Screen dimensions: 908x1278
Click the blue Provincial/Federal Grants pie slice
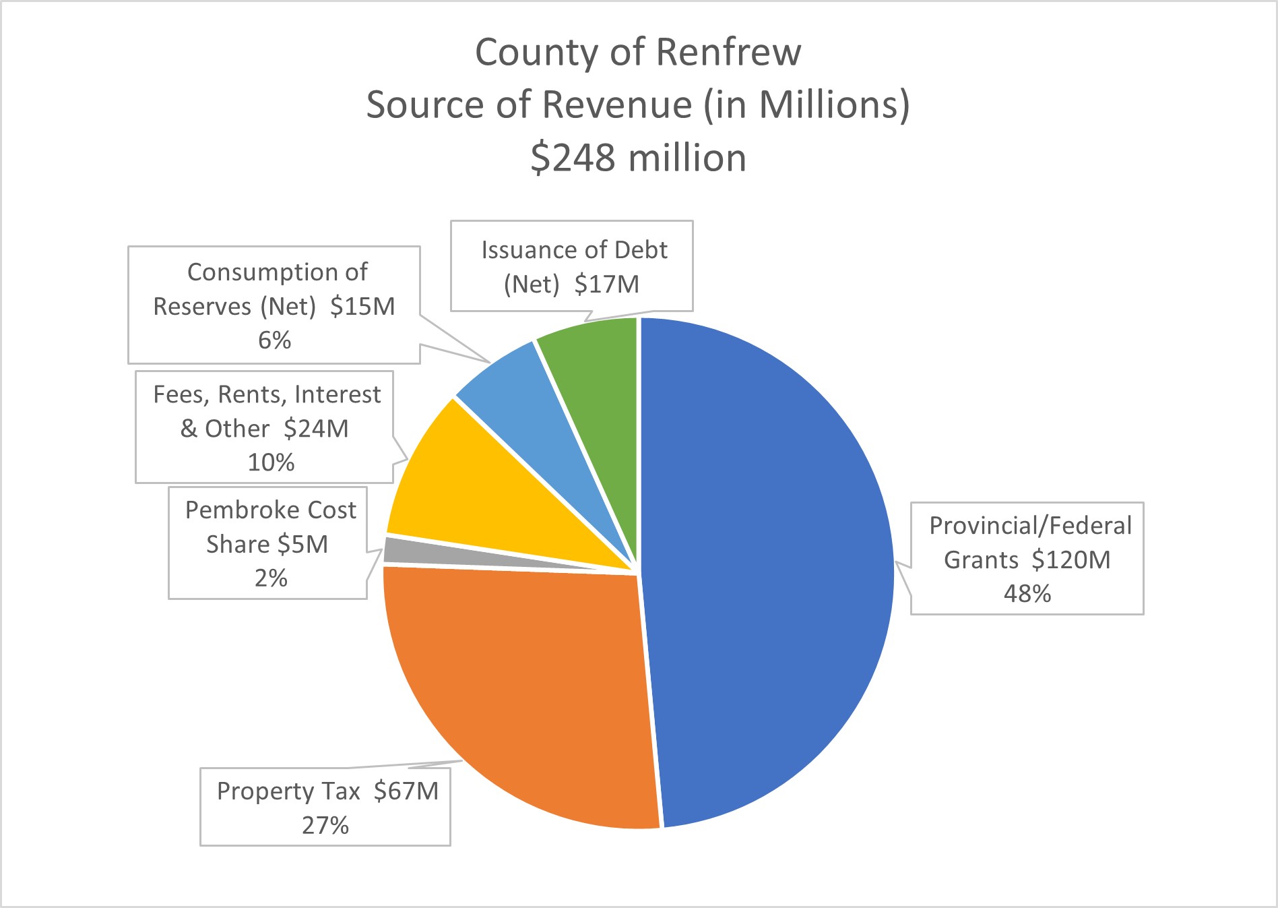[x=768, y=573]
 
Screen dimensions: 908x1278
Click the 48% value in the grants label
[x=1027, y=594]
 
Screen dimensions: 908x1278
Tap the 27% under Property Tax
[x=325, y=825]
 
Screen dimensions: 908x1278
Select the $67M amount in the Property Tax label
[x=406, y=791]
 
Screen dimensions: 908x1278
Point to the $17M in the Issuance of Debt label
[x=606, y=284]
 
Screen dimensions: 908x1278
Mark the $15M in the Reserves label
[x=362, y=307]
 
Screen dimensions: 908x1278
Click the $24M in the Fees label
[x=316, y=429]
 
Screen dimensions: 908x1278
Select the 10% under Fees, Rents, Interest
[x=271, y=462]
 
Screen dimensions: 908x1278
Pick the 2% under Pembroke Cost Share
[x=271, y=578]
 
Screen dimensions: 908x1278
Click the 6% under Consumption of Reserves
[x=274, y=340]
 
